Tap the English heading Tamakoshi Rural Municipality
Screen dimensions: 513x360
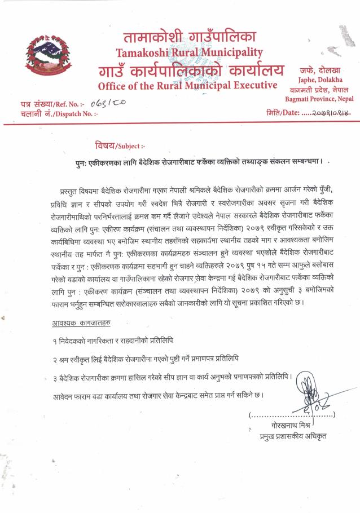[189, 53]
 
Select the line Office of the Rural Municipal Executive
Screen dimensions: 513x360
[187, 86]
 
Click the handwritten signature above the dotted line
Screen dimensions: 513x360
[311, 403]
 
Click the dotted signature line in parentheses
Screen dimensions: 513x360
[292, 416]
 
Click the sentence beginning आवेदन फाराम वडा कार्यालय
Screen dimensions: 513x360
[155, 394]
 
